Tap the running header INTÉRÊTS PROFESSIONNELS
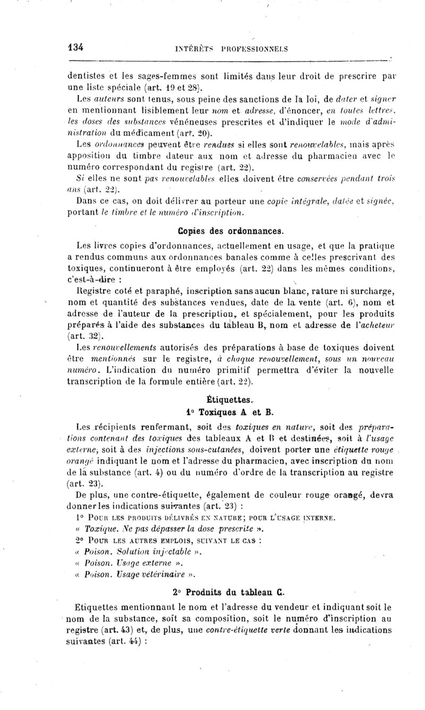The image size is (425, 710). tap(231, 49)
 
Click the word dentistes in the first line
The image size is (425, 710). tap(87, 75)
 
